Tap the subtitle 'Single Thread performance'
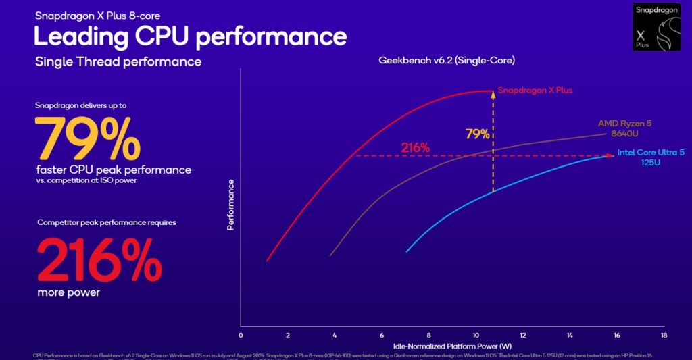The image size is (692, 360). [x=118, y=62]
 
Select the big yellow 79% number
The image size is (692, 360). [x=88, y=138]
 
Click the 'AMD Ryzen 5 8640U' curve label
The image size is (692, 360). [x=625, y=128]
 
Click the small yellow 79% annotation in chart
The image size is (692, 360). [x=477, y=134]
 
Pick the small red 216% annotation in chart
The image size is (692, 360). [x=415, y=147]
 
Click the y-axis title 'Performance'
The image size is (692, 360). [x=230, y=205]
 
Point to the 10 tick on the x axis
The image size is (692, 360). [x=475, y=336]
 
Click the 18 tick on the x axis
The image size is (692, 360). [x=664, y=336]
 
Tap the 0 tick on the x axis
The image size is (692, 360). [x=241, y=336]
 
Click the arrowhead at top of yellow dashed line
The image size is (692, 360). [x=493, y=95]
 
